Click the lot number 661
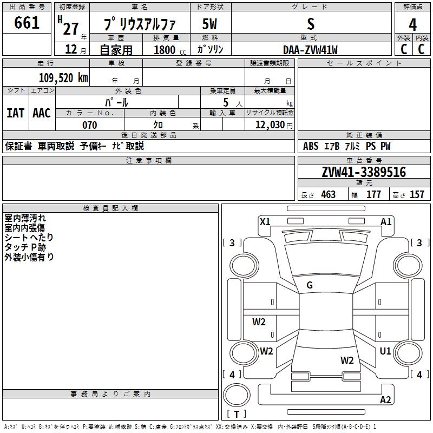(x=27, y=23)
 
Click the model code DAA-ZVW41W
(x=310, y=50)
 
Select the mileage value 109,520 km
(x=63, y=78)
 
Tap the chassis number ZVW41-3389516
(x=363, y=173)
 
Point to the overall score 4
(x=412, y=24)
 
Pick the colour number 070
(x=89, y=125)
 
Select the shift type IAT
(x=15, y=113)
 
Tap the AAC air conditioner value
(x=42, y=113)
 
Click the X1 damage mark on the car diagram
(x=265, y=221)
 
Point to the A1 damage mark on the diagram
(x=386, y=221)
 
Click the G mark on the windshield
(x=310, y=285)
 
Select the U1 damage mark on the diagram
(x=385, y=351)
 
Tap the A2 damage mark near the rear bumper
(x=385, y=400)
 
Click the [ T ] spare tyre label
(x=236, y=414)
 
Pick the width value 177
(x=374, y=194)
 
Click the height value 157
(x=417, y=194)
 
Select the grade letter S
(x=310, y=24)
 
